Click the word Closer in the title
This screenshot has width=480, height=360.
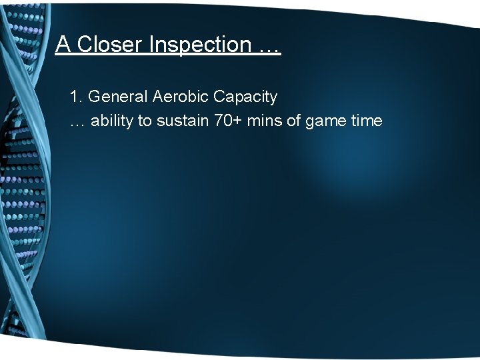111,45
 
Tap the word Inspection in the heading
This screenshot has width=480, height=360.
200,45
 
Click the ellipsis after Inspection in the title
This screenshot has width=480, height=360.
269,47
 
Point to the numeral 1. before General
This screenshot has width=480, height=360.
76,97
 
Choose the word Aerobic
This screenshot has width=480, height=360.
181,97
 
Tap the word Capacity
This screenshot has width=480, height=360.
245,97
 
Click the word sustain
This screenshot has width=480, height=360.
181,121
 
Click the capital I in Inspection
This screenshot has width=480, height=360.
153,45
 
